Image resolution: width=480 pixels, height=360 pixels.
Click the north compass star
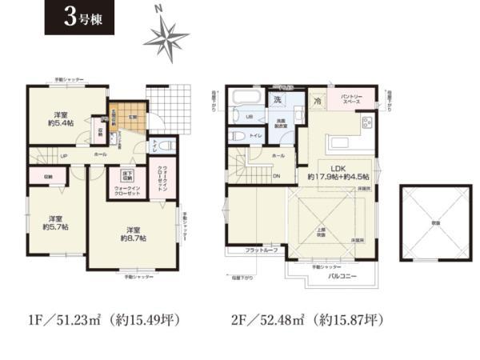166,36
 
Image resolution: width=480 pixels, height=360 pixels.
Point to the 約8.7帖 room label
131,232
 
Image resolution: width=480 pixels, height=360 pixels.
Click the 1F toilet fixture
166,146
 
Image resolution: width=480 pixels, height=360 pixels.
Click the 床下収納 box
127,175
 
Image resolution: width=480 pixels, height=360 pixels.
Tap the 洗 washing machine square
277,101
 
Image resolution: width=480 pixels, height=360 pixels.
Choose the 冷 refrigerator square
318,102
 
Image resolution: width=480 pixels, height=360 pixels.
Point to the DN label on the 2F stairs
276,177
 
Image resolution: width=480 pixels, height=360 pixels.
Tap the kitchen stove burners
367,122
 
